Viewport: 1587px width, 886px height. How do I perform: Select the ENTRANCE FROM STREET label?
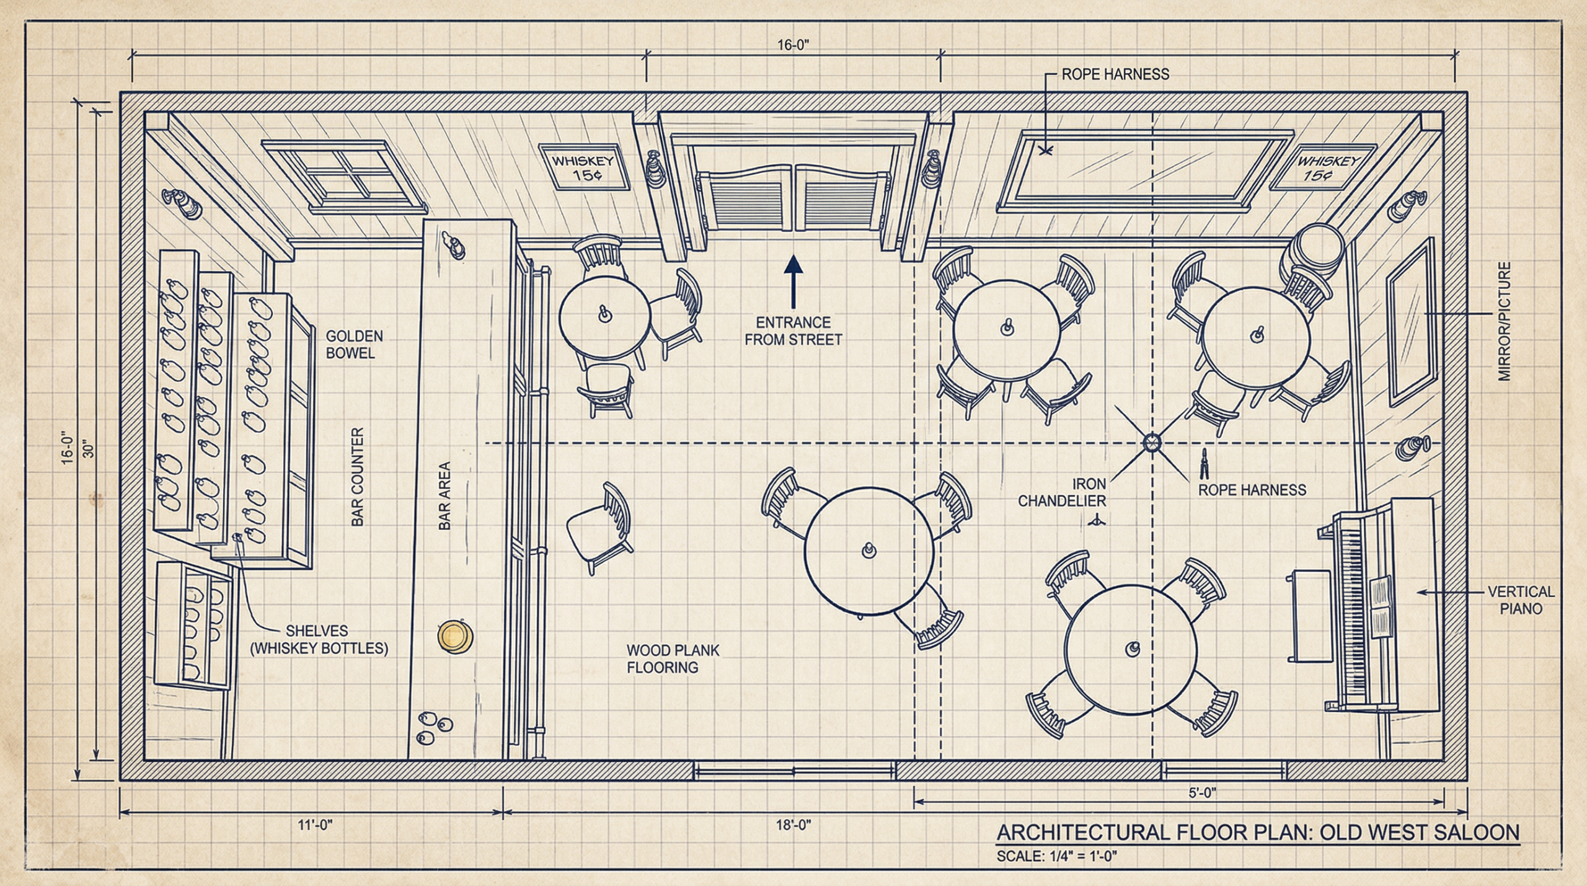(x=793, y=331)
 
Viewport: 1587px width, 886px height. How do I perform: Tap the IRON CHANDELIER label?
(x=1062, y=492)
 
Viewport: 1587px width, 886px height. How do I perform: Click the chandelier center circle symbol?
(x=1152, y=443)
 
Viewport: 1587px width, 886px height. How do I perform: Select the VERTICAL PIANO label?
(x=1521, y=600)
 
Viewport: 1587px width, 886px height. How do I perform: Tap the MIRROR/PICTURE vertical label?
(x=1505, y=321)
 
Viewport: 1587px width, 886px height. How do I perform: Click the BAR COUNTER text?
(x=357, y=477)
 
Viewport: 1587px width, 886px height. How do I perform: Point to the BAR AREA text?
(x=444, y=496)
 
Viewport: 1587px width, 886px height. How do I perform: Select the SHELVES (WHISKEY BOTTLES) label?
(x=319, y=640)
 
